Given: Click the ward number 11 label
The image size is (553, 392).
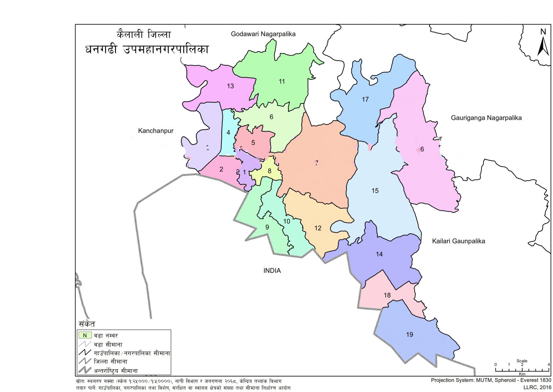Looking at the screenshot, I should coord(282,82).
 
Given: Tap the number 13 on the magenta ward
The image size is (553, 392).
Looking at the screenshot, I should coord(230,86).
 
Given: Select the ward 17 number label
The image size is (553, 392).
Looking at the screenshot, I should coord(365,99).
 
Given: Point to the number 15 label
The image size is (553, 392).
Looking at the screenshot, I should coord(375,190).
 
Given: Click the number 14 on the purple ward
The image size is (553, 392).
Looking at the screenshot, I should coord(379,254).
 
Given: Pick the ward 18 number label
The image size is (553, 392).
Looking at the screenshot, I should coord(387,295).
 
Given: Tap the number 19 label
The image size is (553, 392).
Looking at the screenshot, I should coord(409,334).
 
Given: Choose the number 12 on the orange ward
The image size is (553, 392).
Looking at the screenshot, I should coord(318,228).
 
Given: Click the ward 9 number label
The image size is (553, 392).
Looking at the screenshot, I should coord(267,227).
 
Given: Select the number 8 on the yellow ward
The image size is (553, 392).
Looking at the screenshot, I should coord(269,171).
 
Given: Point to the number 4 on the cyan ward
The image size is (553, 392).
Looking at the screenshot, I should coord(228,132).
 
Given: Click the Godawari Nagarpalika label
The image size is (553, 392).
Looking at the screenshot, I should coord(263,34).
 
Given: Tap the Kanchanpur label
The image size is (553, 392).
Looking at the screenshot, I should coord(156,131).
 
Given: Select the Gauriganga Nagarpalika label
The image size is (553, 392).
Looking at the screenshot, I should coord(486,118).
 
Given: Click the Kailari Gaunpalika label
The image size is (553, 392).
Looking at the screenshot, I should coord(458,241).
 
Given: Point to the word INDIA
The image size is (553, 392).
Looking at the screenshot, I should coord(272,270).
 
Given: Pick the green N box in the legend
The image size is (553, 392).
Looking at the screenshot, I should coord(85,335).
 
